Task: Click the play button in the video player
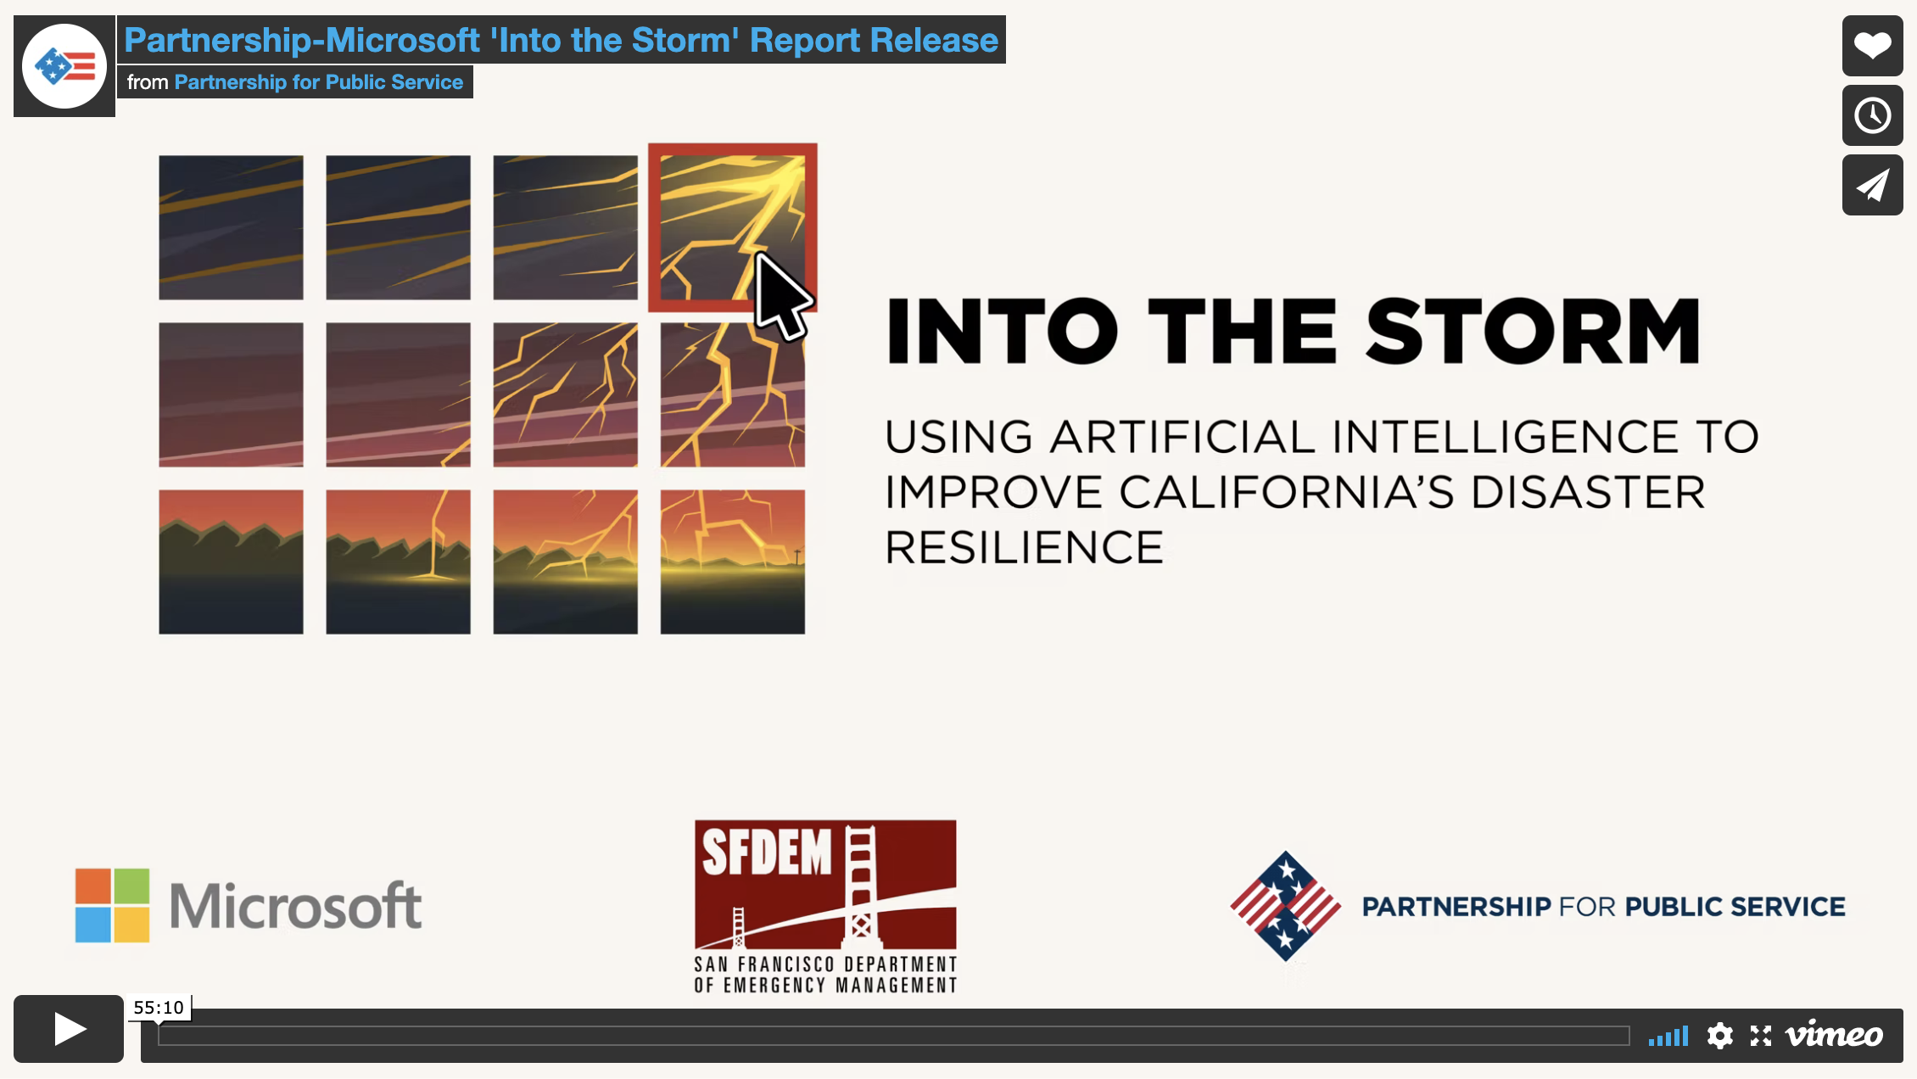coord(69,1029)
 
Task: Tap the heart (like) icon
coord(1872,46)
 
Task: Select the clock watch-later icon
coord(1872,115)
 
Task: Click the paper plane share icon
coord(1872,185)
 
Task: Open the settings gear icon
coord(1719,1036)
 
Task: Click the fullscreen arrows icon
coord(1761,1036)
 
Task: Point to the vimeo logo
coord(1834,1035)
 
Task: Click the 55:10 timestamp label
coord(159,1008)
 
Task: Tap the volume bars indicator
coord(1668,1037)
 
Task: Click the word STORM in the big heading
coord(1532,332)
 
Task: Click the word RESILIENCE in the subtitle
coord(1024,547)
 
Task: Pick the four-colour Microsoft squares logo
coord(112,905)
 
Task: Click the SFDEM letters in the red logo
coord(767,853)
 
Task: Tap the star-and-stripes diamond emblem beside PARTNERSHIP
coord(1285,906)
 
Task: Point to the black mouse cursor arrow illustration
coord(781,297)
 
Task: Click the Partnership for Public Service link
coord(318,82)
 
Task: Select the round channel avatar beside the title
coord(64,66)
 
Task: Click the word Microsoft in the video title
coord(403,41)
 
